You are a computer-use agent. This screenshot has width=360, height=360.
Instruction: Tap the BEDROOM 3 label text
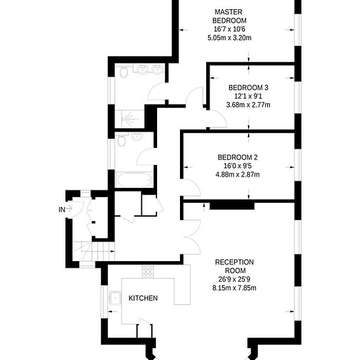pos(248,88)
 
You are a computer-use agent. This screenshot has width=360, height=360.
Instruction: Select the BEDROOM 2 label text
pos(238,157)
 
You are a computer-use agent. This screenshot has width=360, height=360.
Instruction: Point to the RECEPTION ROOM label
pos(234,266)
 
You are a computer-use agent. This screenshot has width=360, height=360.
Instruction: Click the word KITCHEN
pos(143,298)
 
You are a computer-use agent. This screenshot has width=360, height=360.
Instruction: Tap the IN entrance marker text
pos(62,209)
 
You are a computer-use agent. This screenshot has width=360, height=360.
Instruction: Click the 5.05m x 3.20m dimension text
pos(229,38)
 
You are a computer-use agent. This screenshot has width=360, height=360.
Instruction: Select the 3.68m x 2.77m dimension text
pos(248,105)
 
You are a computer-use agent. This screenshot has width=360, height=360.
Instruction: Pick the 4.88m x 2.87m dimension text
pos(238,174)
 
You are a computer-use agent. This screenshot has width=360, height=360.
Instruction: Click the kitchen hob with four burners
pos(148,270)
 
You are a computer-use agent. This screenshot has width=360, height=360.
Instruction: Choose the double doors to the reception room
pos(190,236)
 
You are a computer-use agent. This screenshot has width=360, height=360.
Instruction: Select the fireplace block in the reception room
pos(232,205)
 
